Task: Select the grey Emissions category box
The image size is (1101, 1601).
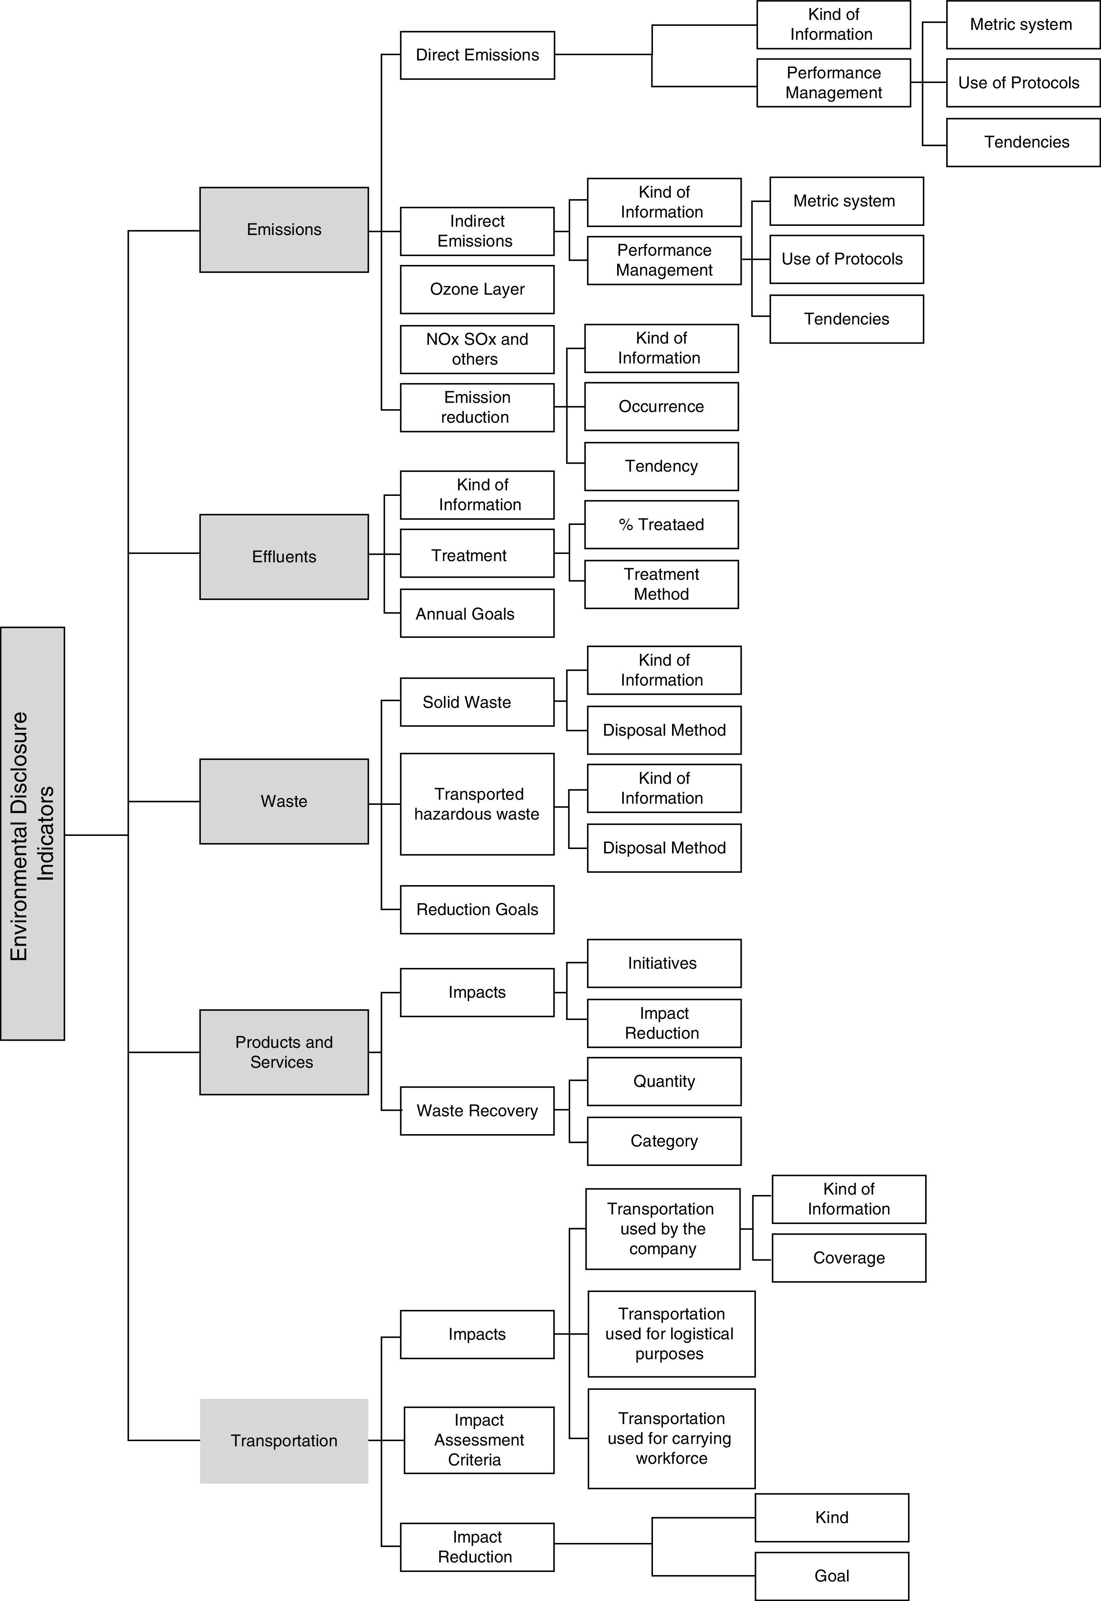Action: [284, 229]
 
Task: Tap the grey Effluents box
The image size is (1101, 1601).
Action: [284, 556]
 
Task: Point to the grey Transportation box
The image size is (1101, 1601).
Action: [284, 1440]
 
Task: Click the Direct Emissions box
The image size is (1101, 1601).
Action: [477, 55]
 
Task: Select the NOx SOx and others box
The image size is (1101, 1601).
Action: [477, 349]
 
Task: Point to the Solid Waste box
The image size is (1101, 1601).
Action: [477, 702]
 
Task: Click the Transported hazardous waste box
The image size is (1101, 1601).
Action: [477, 804]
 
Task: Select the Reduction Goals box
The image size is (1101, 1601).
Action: [477, 909]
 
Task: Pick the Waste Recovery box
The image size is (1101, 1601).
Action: [477, 1111]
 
